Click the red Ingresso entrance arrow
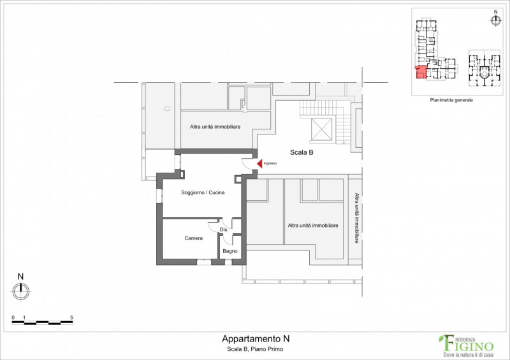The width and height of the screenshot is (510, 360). coord(260,164)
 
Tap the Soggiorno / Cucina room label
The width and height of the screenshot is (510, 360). coord(203,192)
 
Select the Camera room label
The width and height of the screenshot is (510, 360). coord(194,238)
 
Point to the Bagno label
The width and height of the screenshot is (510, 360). coord(230,251)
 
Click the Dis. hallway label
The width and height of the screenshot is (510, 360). coord(224,229)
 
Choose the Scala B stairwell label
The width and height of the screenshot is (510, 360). coord(302,152)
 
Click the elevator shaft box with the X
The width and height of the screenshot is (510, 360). coord(321,129)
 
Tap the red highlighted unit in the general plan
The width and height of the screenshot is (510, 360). coord(421,72)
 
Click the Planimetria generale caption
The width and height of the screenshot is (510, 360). coord(451,100)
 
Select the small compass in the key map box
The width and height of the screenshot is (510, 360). coord(495,20)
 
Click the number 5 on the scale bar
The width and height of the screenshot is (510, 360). coord(71,318)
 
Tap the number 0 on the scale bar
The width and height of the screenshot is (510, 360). coord(13,318)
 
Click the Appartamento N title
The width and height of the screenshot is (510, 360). coord(256,339)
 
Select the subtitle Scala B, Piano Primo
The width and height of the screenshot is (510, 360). coord(255,349)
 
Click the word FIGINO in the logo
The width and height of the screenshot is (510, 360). coord(470,345)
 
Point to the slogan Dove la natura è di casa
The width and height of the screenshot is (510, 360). coord(469,354)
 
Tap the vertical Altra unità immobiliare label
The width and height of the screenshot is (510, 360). coord(356,218)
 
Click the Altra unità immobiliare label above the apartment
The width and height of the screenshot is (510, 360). coord(215,127)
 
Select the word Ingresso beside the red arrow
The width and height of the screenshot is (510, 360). coord(270,163)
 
